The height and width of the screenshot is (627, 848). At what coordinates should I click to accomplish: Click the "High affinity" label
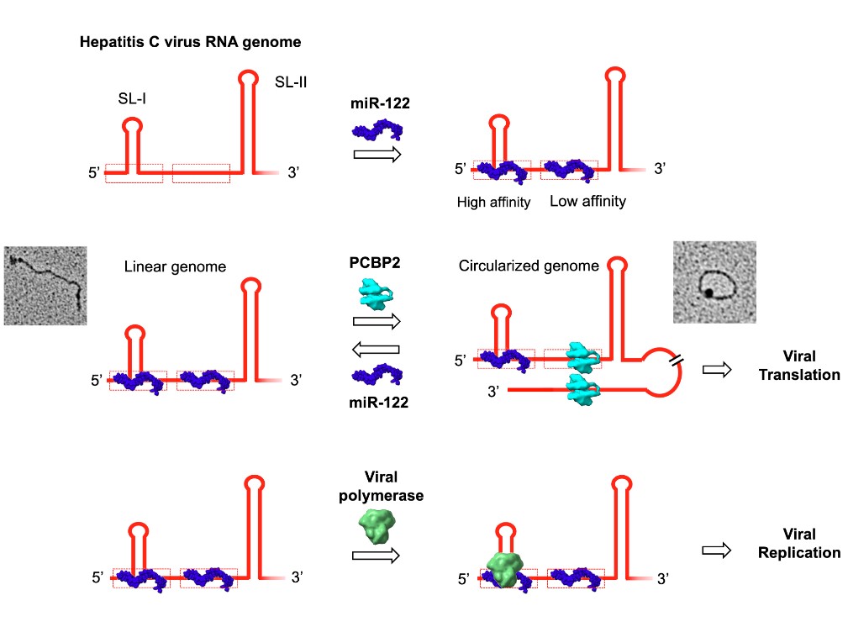point(493,203)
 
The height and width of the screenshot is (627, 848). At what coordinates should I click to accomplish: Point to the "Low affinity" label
point(587,202)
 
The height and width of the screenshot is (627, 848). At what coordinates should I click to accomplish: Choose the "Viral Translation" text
point(798,366)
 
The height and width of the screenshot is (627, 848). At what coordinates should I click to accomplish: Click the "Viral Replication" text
point(798,544)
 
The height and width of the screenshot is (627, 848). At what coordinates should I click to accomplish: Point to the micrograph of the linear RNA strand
point(45,285)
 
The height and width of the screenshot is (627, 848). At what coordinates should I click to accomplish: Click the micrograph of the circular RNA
point(714,282)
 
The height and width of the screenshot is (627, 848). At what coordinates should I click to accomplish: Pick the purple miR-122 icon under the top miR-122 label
point(377,130)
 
